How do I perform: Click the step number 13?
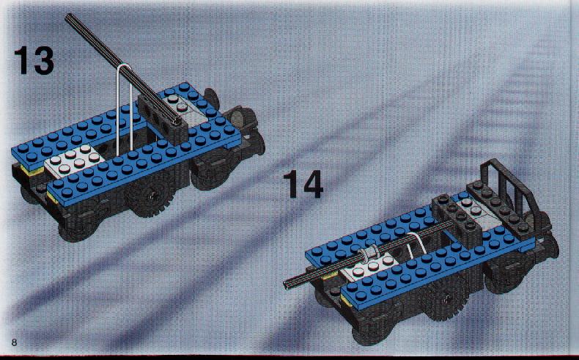click(x=34, y=61)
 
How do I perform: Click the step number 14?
click(x=303, y=184)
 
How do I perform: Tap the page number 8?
click(x=15, y=342)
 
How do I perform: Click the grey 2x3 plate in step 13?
click(x=74, y=161)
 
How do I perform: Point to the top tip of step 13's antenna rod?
click(x=68, y=16)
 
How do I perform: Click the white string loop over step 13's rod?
click(x=125, y=107)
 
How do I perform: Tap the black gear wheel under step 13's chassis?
click(x=152, y=196)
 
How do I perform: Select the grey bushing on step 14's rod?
click(x=367, y=254)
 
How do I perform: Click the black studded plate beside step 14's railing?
click(x=497, y=205)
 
